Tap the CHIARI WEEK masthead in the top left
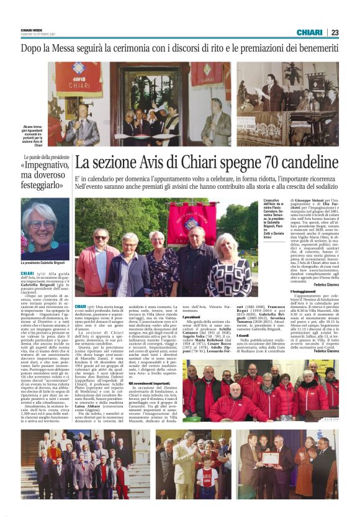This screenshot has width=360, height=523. pyautogui.click(x=33, y=29)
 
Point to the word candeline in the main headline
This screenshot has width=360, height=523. pyautogui.click(x=305, y=164)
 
